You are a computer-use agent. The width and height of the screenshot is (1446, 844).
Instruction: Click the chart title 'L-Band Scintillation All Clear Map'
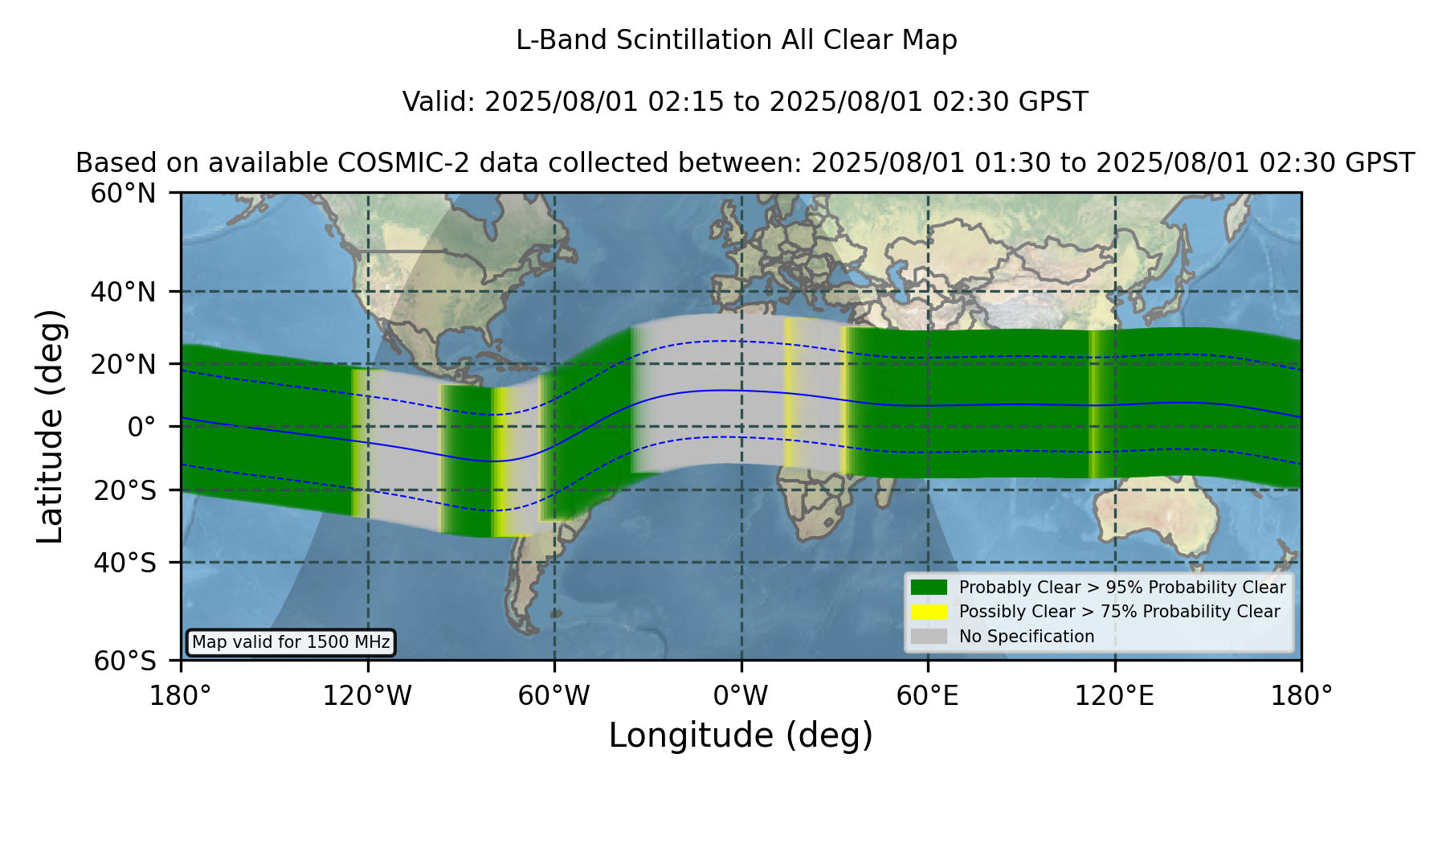tap(737, 40)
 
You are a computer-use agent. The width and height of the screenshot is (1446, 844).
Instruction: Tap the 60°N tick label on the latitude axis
tap(124, 194)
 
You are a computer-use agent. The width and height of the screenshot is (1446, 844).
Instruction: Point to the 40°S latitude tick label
tap(125, 563)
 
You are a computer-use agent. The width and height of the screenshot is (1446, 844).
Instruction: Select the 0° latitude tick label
tap(141, 427)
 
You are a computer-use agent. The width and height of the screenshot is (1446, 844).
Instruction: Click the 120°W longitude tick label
tap(367, 696)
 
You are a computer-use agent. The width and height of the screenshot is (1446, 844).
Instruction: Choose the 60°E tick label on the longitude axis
tap(928, 696)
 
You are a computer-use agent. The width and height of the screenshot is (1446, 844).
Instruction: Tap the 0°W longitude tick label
tap(741, 696)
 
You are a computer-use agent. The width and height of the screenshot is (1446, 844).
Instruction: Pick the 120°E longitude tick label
tap(1114, 696)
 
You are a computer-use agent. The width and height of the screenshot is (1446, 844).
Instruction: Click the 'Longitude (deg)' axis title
tap(741, 735)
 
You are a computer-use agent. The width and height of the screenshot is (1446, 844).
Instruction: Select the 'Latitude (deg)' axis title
tap(50, 426)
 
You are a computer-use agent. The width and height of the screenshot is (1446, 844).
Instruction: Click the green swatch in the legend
tap(929, 588)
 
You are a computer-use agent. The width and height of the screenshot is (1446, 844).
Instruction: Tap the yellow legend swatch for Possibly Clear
tap(929, 612)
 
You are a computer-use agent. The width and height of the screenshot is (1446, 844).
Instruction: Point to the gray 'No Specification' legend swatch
tap(929, 637)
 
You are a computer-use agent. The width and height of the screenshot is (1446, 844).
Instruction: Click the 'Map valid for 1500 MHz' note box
tap(291, 642)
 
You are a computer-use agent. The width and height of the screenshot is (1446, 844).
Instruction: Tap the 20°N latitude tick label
tap(124, 364)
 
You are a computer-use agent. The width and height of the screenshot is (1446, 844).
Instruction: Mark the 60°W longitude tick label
tap(553, 696)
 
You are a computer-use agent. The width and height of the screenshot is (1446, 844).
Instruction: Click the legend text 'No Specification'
tap(1027, 637)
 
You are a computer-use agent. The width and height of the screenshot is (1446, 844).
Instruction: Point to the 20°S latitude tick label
tap(125, 490)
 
